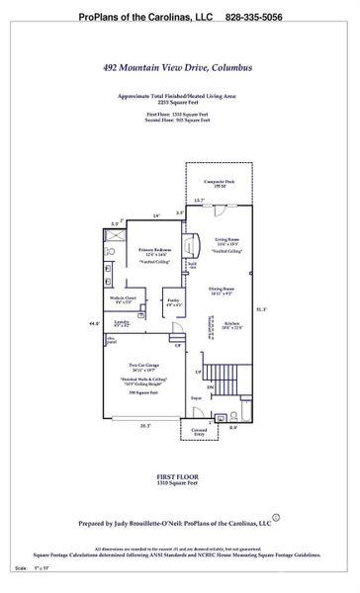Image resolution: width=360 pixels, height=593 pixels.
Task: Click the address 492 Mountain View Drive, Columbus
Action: click(x=180, y=68)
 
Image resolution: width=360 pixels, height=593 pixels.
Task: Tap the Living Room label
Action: click(x=220, y=238)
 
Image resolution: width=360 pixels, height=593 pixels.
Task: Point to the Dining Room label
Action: click(x=220, y=291)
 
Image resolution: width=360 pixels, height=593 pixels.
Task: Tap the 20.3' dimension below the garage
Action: click(x=145, y=426)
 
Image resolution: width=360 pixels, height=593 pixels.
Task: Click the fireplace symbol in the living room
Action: click(x=194, y=243)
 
